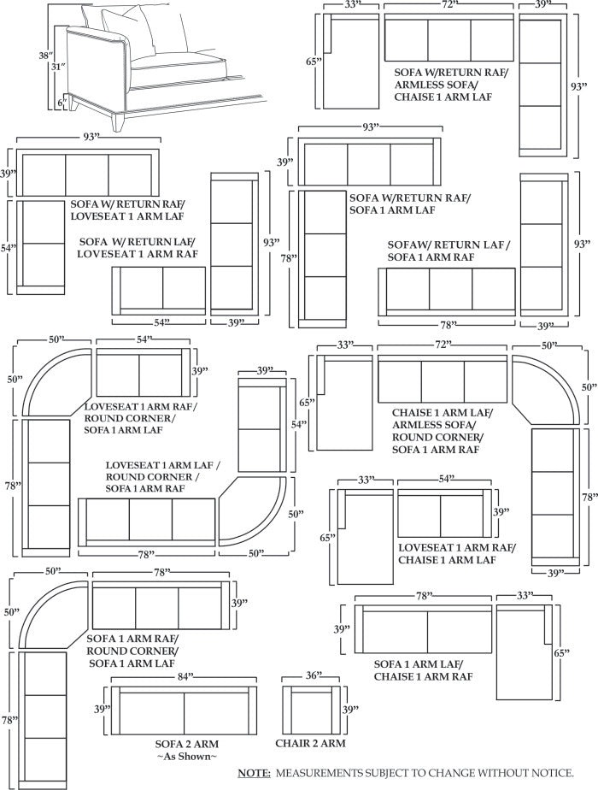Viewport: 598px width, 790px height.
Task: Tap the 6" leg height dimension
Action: pyautogui.click(x=62, y=103)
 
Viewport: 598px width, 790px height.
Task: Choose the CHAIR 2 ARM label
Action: pyautogui.click(x=313, y=744)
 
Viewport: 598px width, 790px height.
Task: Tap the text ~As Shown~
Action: pyautogui.click(x=185, y=758)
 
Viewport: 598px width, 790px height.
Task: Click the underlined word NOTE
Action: pyautogui.click(x=254, y=774)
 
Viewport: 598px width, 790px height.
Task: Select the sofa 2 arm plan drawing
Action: pyautogui.click(x=183, y=709)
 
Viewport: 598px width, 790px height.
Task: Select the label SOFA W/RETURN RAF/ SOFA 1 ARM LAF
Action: pyautogui.click(x=408, y=203)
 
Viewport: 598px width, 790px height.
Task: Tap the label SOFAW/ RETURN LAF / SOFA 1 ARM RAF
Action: pyautogui.click(x=448, y=251)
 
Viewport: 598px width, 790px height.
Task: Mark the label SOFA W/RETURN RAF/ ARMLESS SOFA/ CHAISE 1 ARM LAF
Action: pyautogui.click(x=449, y=85)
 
